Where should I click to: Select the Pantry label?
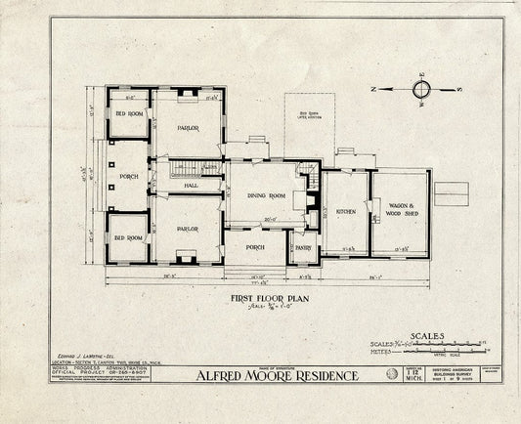click(302, 248)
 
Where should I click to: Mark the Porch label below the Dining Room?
click(256, 246)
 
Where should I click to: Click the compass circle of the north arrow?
click(421, 90)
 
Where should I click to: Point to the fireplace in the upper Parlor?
click(186, 95)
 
